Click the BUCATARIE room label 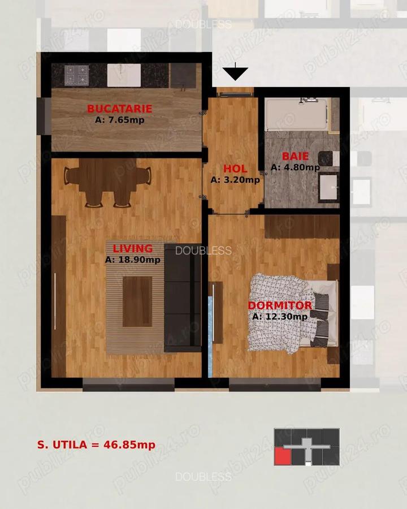[119, 109]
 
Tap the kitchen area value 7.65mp [119, 120]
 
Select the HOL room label [235, 169]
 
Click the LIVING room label [132, 248]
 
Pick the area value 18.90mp [132, 260]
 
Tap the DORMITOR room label [280, 305]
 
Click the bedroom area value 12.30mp [280, 317]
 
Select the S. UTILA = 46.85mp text [96, 445]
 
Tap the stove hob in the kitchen [76, 75]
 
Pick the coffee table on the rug [137, 301]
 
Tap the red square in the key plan [281, 456]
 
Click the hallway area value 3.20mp [235, 180]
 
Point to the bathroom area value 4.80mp [295, 167]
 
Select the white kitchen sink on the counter [124, 75]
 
